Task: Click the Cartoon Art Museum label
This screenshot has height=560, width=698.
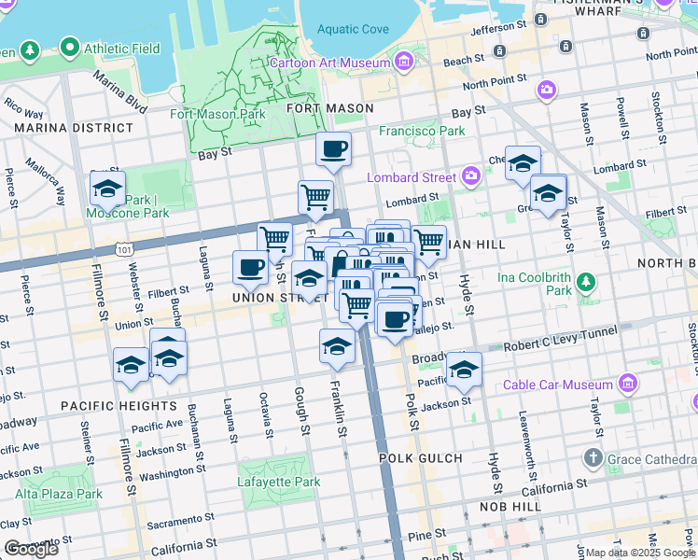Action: click(x=330, y=63)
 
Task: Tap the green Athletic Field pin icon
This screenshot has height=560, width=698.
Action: click(x=68, y=47)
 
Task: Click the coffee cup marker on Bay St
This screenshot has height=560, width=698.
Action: click(x=333, y=148)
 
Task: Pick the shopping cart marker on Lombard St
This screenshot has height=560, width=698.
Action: click(x=316, y=197)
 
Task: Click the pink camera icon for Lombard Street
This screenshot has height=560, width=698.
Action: click(x=471, y=175)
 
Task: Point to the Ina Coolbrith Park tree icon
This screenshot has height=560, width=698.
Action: click(x=586, y=281)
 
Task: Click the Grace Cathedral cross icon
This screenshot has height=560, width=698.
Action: click(x=593, y=458)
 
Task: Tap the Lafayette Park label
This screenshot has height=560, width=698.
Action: click(x=280, y=483)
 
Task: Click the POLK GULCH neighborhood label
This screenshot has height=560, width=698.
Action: click(x=420, y=458)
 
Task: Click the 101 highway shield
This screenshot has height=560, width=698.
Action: click(x=124, y=249)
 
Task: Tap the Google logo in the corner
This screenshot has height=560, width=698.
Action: click(x=31, y=549)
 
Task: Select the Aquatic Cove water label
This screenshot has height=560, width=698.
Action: click(x=353, y=29)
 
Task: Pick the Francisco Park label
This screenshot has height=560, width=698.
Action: click(x=422, y=131)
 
